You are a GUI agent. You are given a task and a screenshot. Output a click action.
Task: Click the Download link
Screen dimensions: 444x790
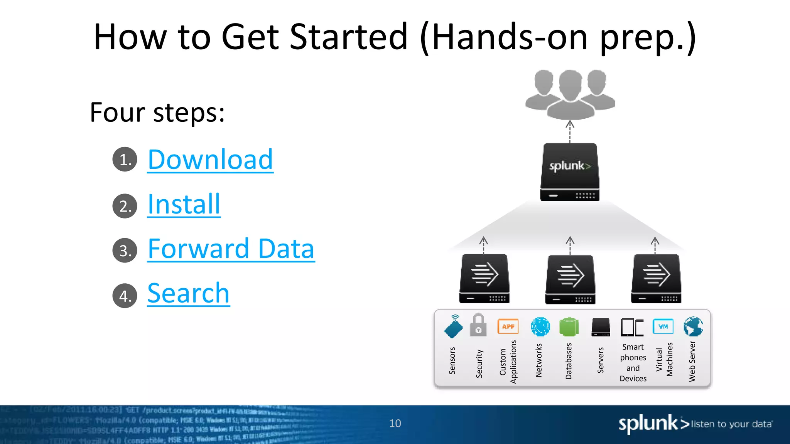(210, 160)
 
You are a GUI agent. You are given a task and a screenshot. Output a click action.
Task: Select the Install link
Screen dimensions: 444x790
(184, 204)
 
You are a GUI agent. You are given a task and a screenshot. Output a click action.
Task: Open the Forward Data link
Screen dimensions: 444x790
(231, 249)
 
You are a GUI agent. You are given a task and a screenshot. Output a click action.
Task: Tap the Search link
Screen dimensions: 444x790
(188, 294)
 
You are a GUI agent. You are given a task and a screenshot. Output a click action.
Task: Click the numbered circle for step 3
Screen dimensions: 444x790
(125, 251)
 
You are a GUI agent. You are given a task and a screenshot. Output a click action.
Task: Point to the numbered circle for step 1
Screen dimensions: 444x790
(125, 159)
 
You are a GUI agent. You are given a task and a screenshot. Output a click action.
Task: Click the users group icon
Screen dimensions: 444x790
(570, 94)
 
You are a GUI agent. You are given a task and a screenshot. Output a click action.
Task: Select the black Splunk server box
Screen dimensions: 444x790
(570, 172)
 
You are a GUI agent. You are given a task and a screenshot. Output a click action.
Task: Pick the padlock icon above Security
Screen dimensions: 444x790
(478, 325)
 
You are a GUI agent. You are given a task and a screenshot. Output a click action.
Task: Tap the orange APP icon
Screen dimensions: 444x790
(508, 326)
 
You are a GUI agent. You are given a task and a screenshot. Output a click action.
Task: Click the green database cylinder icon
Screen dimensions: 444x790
(569, 327)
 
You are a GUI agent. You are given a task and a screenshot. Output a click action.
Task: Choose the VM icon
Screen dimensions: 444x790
(663, 326)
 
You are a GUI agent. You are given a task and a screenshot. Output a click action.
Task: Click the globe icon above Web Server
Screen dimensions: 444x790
(693, 326)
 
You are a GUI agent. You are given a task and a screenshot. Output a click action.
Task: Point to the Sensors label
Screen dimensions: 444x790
(452, 361)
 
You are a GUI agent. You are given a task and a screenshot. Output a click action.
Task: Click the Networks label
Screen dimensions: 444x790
(539, 360)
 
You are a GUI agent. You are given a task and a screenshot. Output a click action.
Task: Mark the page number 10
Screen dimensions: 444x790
(395, 424)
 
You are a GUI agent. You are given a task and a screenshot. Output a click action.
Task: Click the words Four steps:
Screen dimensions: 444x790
(157, 113)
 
